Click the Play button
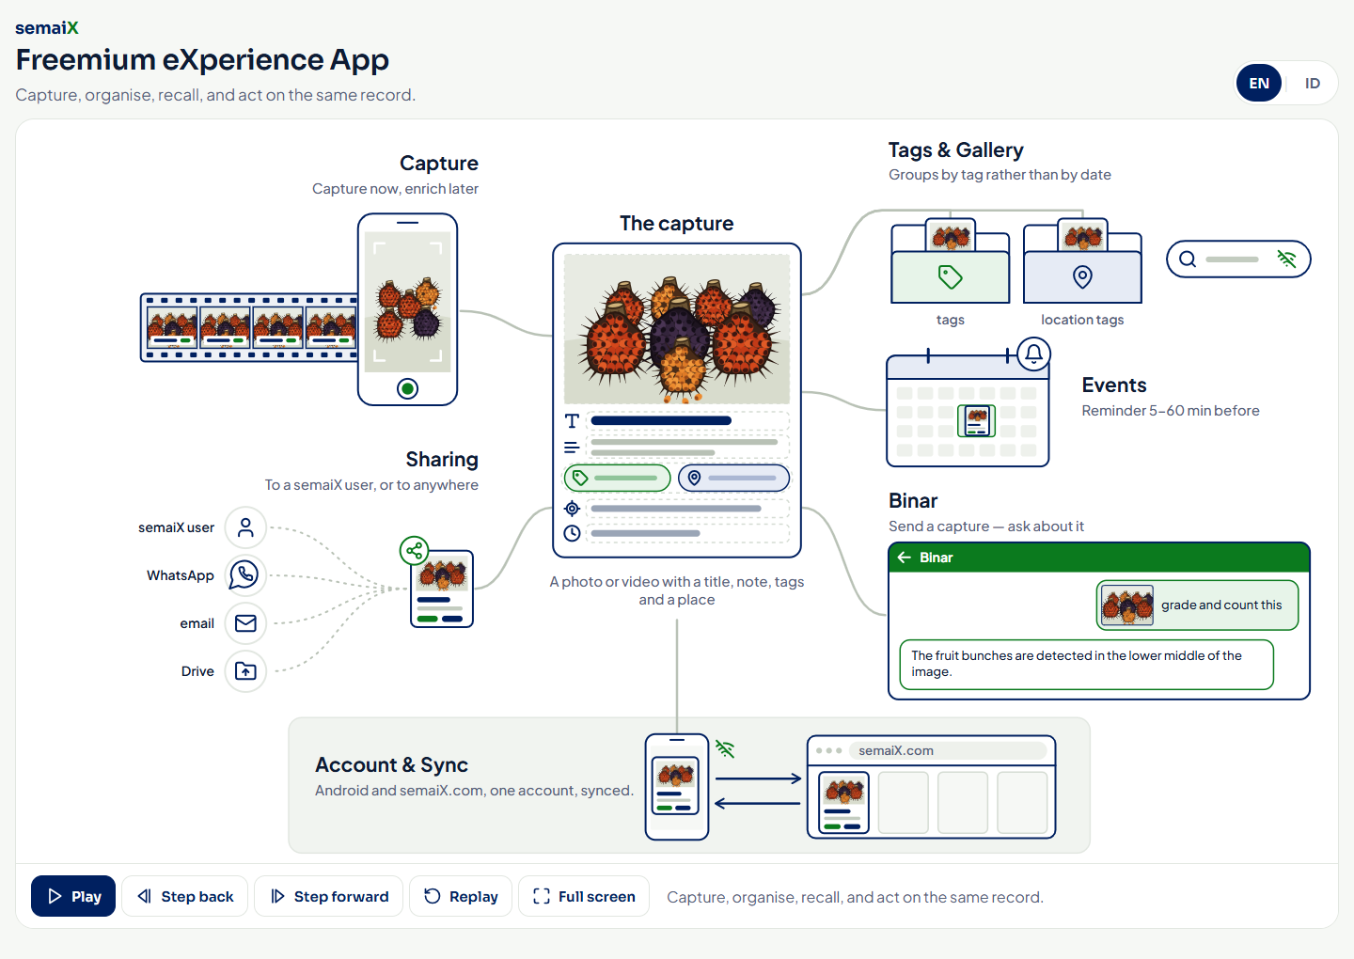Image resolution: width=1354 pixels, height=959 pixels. tap(73, 896)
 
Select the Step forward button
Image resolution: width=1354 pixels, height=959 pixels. tap(329, 896)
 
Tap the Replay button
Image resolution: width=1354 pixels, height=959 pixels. tap(461, 896)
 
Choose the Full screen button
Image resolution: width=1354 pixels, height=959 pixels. tap(584, 896)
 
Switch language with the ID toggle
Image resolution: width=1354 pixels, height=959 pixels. tap(1312, 84)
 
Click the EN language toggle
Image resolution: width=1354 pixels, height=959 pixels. tap(1258, 84)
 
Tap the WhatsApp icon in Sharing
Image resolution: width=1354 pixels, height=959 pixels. tap(244, 574)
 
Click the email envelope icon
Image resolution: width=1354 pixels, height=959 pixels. tap(244, 623)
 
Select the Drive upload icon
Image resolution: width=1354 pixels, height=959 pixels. tap(244, 670)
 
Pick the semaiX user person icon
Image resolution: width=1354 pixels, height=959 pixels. tap(244, 527)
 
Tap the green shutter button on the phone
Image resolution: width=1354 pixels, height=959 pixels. tap(407, 388)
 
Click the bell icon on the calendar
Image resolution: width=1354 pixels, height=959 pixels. tap(1033, 354)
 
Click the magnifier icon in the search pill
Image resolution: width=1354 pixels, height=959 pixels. tap(1188, 259)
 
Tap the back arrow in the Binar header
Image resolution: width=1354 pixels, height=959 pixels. tap(905, 558)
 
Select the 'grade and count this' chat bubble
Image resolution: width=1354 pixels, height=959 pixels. tap(1197, 605)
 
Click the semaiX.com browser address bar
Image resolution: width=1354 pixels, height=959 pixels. tap(948, 750)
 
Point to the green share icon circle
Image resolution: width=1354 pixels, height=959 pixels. tap(414, 551)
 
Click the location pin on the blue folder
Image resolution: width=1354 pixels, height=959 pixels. tap(1082, 276)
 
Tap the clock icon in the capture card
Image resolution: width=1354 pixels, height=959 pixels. tap(572, 533)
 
